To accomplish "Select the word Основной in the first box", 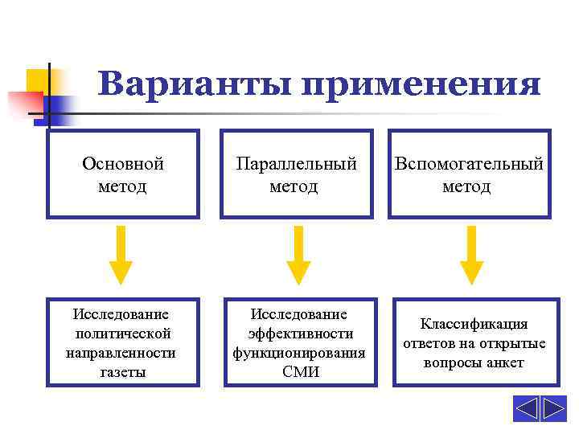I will tap(123, 164).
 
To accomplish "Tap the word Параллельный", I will tap(296, 164).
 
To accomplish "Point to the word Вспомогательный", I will tap(469, 164).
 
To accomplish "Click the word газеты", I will tap(123, 372).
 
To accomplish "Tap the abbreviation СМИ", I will tap(301, 372).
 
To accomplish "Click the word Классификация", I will tap(474, 324).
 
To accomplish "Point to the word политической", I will tap(123, 333).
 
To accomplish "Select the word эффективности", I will tap(301, 333).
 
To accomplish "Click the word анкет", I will tap(505, 363).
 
